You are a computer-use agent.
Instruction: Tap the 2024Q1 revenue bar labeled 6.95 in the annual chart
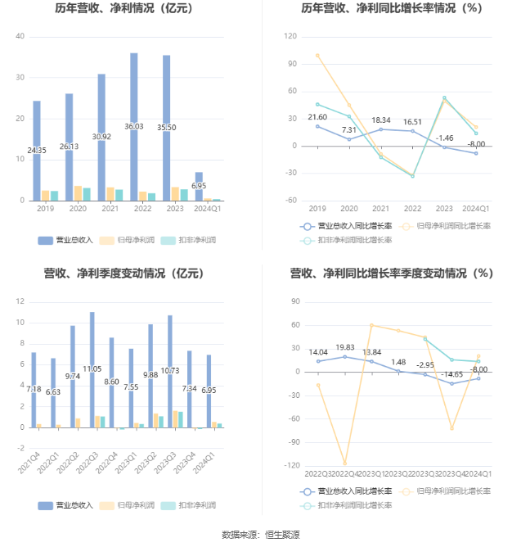(199, 186)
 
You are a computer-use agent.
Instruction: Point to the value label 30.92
(101, 137)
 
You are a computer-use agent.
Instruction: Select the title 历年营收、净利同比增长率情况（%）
(391, 9)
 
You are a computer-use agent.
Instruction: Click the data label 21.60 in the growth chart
(317, 117)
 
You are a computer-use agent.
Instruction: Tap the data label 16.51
(412, 122)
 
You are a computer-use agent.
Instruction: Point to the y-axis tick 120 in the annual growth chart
(290, 37)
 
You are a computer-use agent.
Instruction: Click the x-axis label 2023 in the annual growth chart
(444, 209)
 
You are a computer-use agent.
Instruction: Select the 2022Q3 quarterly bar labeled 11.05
(92, 369)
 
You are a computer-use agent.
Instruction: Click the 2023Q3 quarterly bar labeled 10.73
(170, 371)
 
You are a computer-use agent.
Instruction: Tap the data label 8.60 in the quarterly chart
(111, 382)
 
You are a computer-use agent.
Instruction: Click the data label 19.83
(344, 347)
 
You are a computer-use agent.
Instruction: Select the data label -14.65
(450, 374)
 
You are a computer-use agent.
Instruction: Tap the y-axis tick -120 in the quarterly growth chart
(289, 465)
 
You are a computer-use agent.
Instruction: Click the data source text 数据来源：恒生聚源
(260, 535)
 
